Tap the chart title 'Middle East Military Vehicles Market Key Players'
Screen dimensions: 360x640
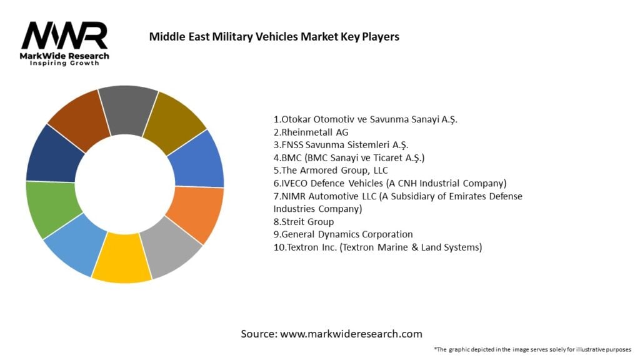coord(274,36)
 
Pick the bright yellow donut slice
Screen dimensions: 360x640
coord(122,257)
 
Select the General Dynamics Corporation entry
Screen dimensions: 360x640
coord(343,234)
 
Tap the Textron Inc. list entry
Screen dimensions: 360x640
coord(377,247)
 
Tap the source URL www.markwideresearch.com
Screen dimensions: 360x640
coord(351,334)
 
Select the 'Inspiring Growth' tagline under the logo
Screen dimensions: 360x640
coord(64,64)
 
